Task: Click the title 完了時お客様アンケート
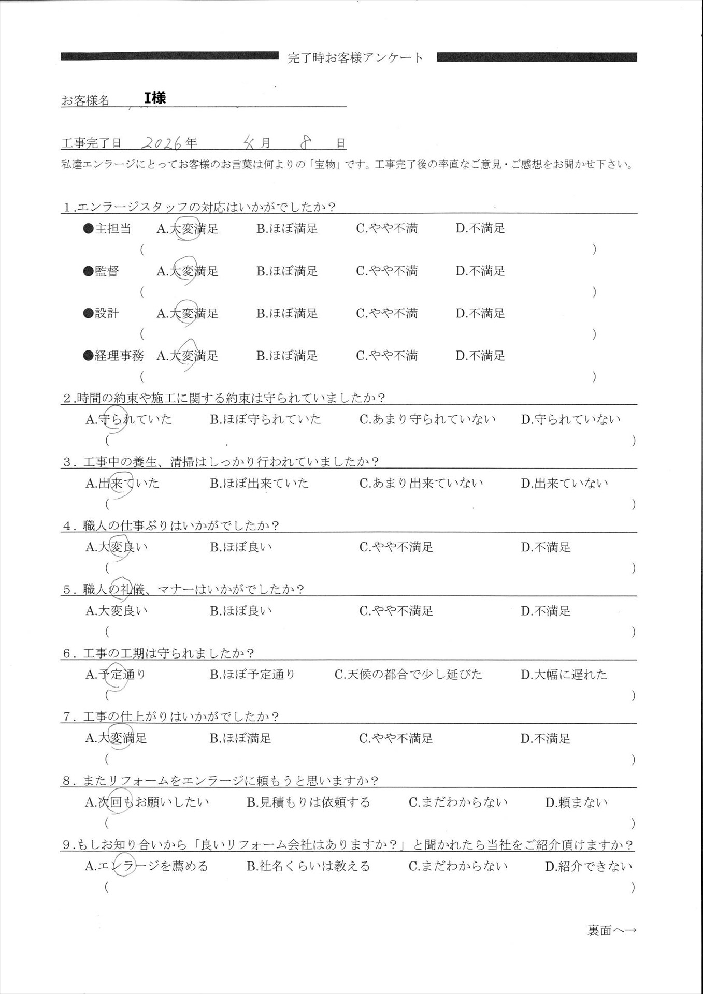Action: (355, 57)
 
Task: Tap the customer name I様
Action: (155, 98)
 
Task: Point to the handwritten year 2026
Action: (162, 143)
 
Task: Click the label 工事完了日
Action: (91, 143)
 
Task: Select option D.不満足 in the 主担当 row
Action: (480, 228)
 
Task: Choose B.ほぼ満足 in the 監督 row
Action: (287, 271)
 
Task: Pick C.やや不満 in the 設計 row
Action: (386, 313)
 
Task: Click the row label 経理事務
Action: (119, 356)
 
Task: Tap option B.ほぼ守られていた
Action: (265, 419)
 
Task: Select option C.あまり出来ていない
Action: (421, 483)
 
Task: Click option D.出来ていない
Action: (564, 483)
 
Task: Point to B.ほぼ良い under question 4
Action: (241, 547)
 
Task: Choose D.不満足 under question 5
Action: (546, 611)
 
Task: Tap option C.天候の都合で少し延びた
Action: (408, 674)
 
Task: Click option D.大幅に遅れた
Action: (564, 674)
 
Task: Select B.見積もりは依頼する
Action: (308, 802)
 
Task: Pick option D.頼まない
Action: (576, 802)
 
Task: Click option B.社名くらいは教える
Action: (308, 866)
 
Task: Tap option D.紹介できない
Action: (589, 866)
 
